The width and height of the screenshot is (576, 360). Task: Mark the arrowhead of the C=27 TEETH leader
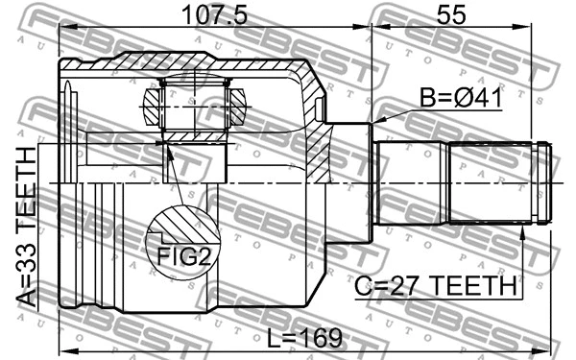(x=523, y=227)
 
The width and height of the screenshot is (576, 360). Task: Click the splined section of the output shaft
(x=494, y=182)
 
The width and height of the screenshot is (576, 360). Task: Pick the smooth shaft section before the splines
(x=413, y=182)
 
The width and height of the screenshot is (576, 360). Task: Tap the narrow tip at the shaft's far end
(x=544, y=182)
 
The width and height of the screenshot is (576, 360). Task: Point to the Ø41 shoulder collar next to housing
(x=351, y=182)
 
